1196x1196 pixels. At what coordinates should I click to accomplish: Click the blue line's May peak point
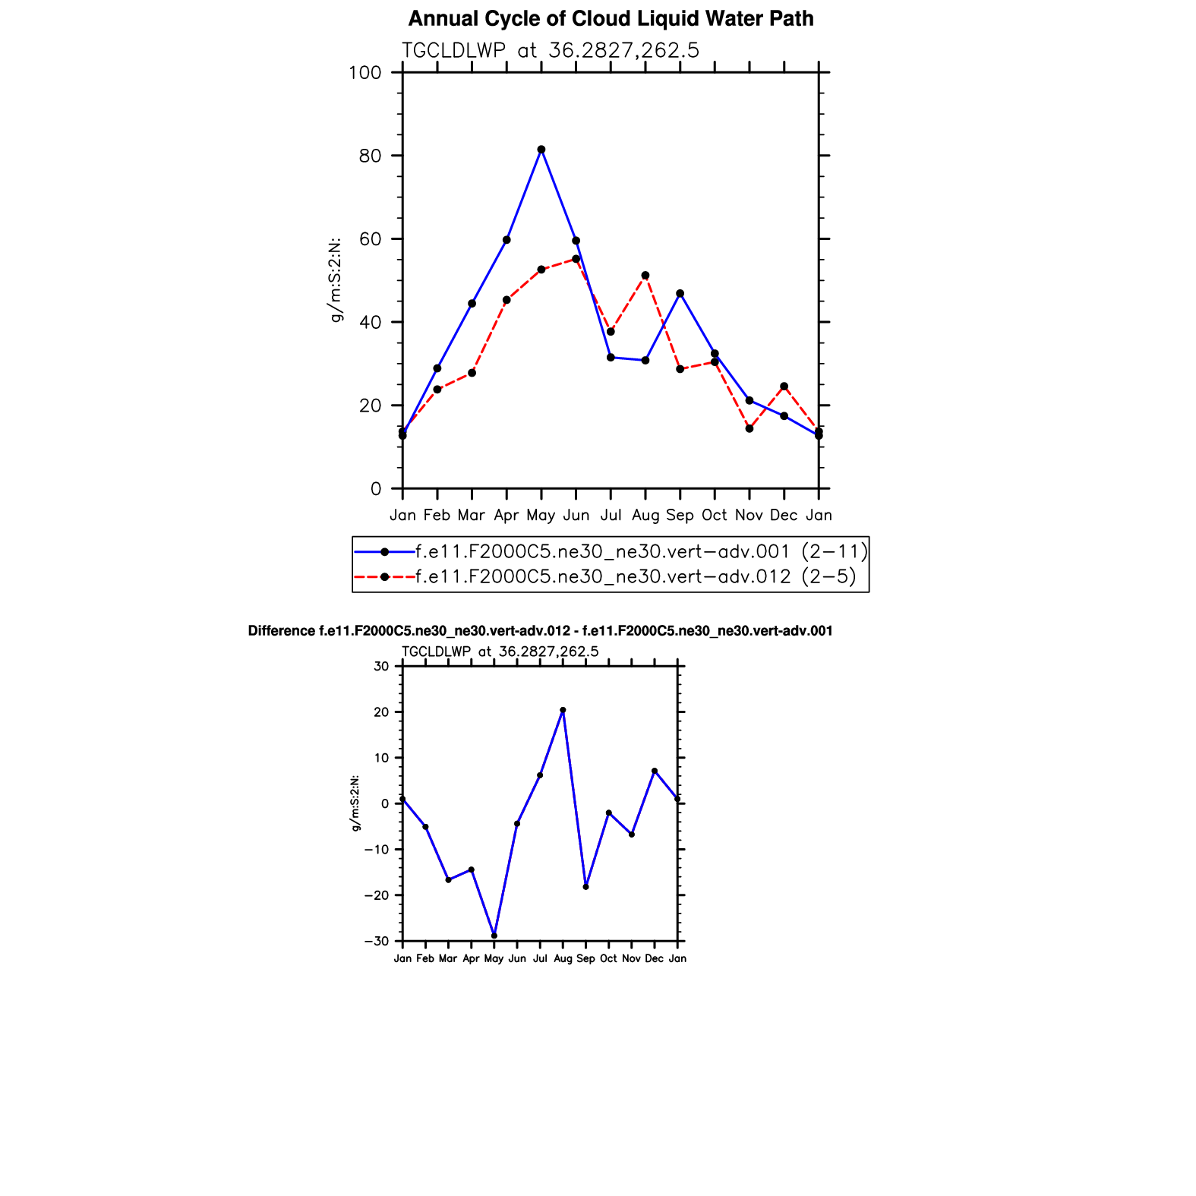(x=541, y=150)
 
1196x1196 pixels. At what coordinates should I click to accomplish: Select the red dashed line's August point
(x=645, y=276)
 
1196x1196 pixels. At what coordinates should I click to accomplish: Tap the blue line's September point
(x=680, y=294)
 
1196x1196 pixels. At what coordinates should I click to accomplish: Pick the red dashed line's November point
(x=749, y=429)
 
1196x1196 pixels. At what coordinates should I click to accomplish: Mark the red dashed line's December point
(x=784, y=387)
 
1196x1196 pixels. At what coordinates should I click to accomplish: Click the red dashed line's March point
(x=472, y=373)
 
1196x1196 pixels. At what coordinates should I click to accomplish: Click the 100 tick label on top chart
(x=364, y=73)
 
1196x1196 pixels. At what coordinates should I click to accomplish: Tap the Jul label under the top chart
(x=611, y=516)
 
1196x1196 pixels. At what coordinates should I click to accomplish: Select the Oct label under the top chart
(x=715, y=516)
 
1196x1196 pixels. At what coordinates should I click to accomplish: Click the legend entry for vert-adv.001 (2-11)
(x=641, y=551)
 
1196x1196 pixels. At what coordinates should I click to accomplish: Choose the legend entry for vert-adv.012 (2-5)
(x=636, y=577)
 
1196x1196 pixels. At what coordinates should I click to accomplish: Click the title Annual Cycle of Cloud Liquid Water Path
(x=611, y=19)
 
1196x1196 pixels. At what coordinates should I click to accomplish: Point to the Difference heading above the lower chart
(x=540, y=631)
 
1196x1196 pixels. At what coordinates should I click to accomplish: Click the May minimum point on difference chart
(x=494, y=936)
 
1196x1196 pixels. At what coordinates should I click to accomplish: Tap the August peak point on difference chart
(x=563, y=711)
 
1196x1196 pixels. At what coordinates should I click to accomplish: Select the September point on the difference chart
(x=585, y=887)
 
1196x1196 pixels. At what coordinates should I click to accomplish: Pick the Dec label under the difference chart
(x=655, y=959)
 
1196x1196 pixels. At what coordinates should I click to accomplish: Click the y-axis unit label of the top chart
(x=335, y=280)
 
